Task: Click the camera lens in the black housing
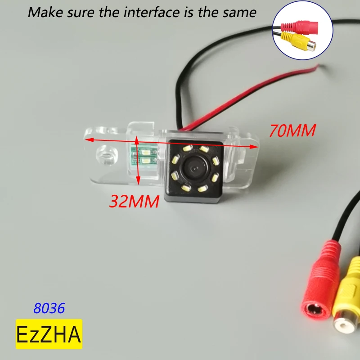point(194,170)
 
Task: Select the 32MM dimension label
point(134,201)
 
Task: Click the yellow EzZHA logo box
point(49,334)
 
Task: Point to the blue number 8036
point(49,308)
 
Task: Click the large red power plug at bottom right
point(322,288)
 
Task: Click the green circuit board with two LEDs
point(145,154)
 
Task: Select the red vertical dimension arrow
point(138,162)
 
